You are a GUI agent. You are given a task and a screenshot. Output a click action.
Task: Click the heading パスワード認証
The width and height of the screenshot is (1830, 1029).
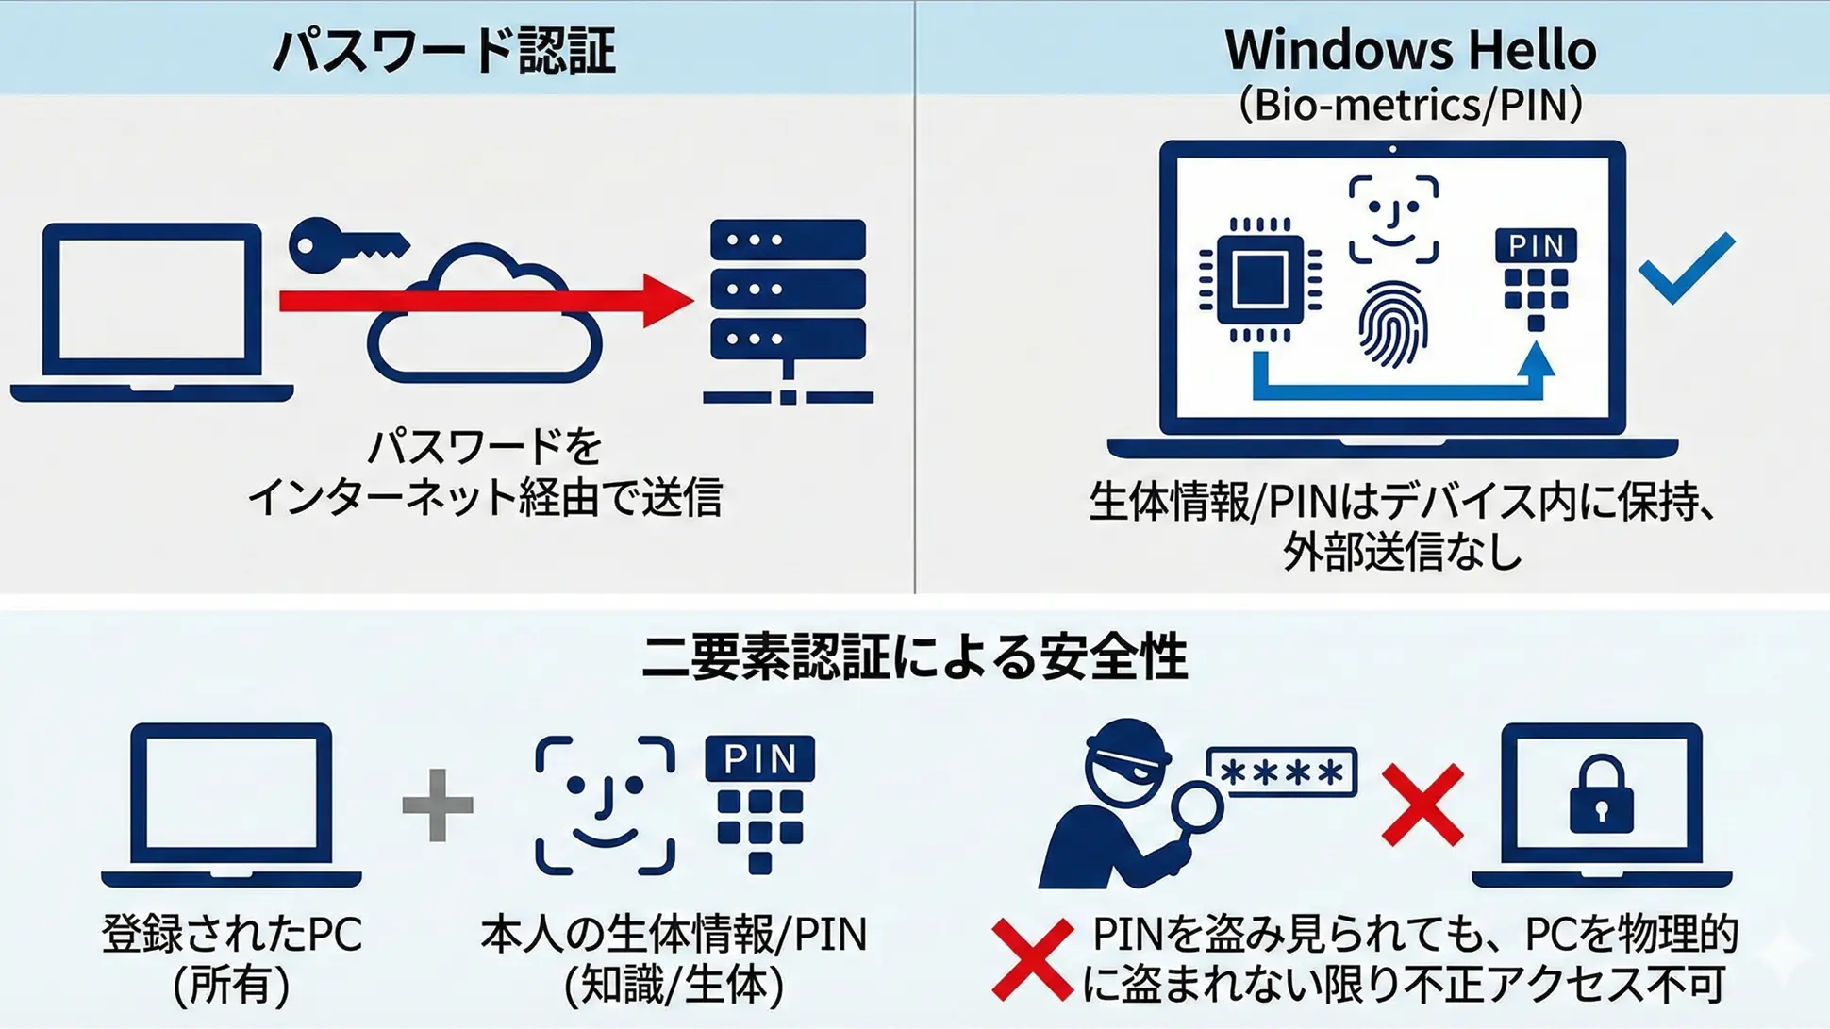443,50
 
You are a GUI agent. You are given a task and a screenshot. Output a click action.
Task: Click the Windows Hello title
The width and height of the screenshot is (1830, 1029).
1410,49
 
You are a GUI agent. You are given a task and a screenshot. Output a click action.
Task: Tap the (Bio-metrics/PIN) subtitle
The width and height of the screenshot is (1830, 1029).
1410,104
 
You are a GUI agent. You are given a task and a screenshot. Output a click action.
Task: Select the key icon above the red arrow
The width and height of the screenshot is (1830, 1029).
345,244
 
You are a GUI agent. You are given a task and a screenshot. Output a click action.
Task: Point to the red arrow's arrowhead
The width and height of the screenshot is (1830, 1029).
670,301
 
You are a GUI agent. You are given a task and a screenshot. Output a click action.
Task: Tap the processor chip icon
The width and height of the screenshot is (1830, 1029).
1259,279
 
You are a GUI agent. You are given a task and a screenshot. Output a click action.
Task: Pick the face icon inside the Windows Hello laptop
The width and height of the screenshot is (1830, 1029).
1393,219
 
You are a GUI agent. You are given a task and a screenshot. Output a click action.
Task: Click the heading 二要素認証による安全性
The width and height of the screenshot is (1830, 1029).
914,656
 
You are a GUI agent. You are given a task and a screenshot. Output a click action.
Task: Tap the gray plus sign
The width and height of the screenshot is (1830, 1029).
437,805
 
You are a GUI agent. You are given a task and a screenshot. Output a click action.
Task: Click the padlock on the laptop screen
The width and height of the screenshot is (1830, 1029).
1601,795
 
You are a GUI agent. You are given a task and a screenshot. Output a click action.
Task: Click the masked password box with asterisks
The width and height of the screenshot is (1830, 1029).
1281,772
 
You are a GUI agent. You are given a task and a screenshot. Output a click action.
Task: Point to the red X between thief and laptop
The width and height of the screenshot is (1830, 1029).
1422,805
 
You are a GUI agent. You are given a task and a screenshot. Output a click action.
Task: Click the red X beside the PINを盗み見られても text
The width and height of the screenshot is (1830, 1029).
1032,959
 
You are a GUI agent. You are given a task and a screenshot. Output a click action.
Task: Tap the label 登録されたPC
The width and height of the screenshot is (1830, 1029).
231,935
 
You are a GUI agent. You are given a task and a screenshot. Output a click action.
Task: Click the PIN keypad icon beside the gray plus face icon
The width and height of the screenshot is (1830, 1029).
760,803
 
